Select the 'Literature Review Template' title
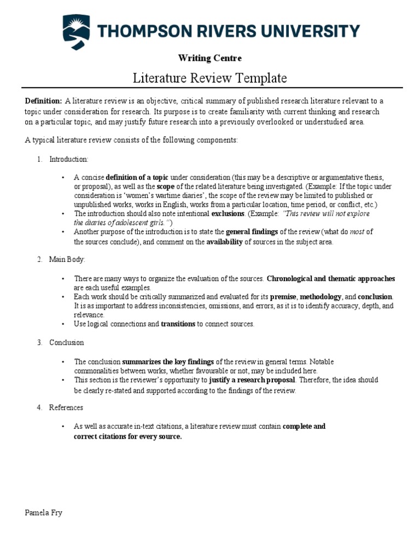(x=210, y=78)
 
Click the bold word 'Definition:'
(x=44, y=101)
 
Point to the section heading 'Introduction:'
(x=68, y=159)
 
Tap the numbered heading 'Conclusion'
(x=67, y=343)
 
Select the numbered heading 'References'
(x=66, y=407)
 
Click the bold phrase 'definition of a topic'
(x=137, y=178)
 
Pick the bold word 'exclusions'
(x=228, y=214)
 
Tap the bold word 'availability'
(x=224, y=242)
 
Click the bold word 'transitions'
(x=178, y=324)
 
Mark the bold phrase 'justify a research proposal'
(x=252, y=380)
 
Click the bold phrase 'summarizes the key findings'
(x=168, y=362)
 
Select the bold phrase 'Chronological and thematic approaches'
(x=331, y=278)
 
